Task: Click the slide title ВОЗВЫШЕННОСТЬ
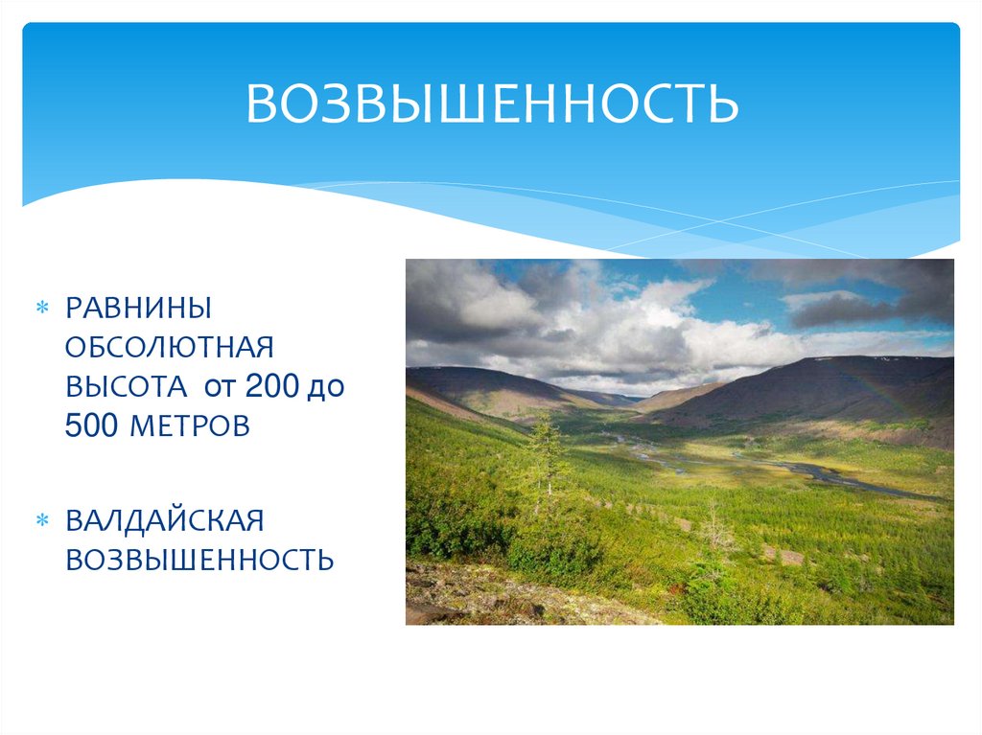tap(492, 104)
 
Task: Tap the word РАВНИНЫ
tap(138, 309)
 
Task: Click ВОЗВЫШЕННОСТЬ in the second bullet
tap(199, 560)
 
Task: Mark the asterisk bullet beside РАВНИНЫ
tap(41, 310)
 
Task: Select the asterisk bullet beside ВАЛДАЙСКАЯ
tap(41, 521)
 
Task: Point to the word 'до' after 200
tap(325, 387)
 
